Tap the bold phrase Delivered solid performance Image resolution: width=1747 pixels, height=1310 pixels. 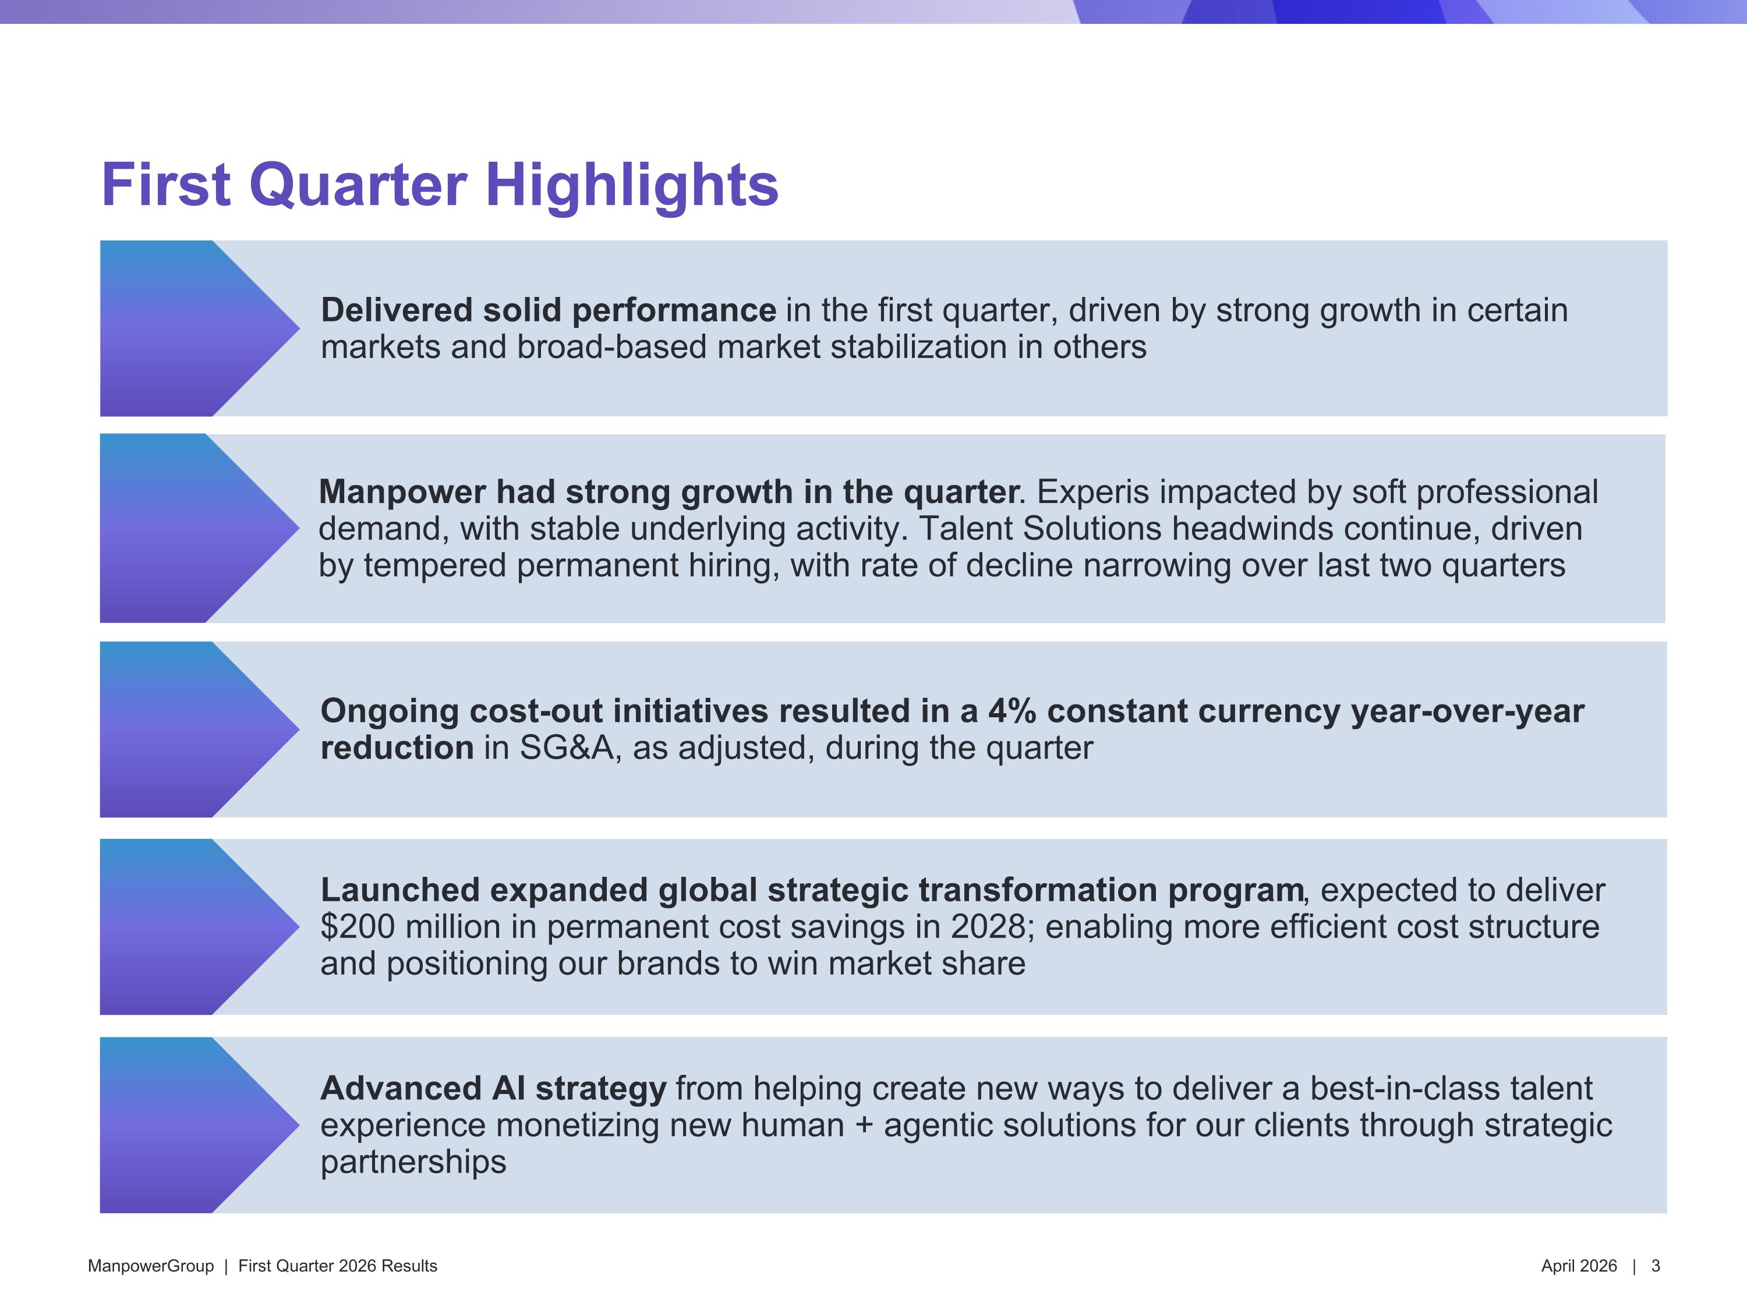(x=548, y=310)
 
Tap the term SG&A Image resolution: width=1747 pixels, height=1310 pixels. (x=565, y=748)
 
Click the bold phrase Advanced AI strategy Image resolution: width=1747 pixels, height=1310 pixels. (x=494, y=1089)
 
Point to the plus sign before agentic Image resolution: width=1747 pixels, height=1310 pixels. (x=864, y=1126)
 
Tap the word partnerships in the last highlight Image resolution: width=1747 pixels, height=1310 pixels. (x=413, y=1162)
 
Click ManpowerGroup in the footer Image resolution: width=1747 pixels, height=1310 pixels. (x=151, y=1266)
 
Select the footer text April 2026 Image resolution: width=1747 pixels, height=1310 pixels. (x=1579, y=1266)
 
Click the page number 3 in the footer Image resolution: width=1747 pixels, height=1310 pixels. (x=1656, y=1266)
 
